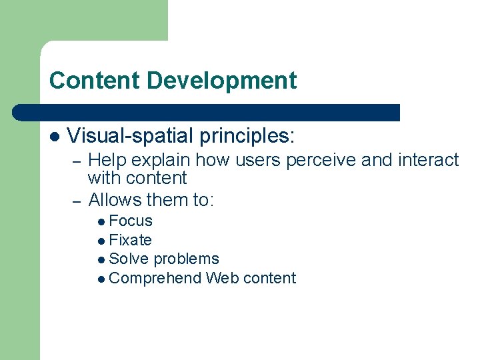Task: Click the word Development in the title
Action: tap(221, 81)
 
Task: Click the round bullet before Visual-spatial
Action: tap(55, 137)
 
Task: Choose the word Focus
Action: tap(131, 221)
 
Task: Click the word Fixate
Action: tap(130, 240)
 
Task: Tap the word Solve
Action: tap(127, 259)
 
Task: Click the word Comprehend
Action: tap(155, 278)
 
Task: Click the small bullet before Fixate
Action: tap(101, 241)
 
